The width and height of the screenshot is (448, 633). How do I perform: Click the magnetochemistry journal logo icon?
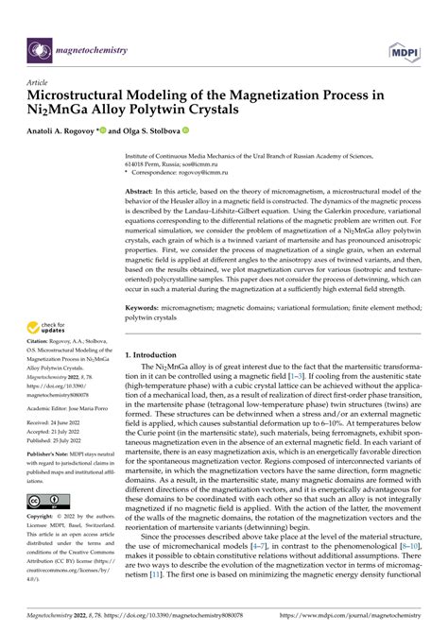(39, 49)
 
